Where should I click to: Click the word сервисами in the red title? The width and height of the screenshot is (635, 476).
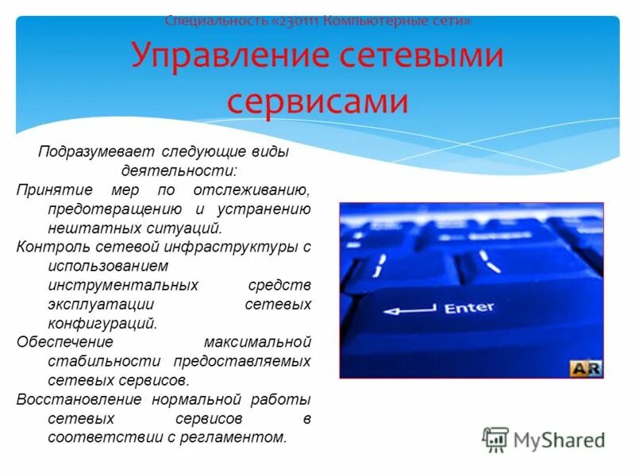[x=317, y=102]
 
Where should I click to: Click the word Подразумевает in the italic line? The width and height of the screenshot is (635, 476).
[x=87, y=152]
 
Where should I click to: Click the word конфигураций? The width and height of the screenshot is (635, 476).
[x=102, y=323]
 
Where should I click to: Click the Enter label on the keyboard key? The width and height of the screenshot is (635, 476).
[x=469, y=307]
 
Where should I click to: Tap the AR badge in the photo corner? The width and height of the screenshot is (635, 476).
[x=586, y=368]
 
